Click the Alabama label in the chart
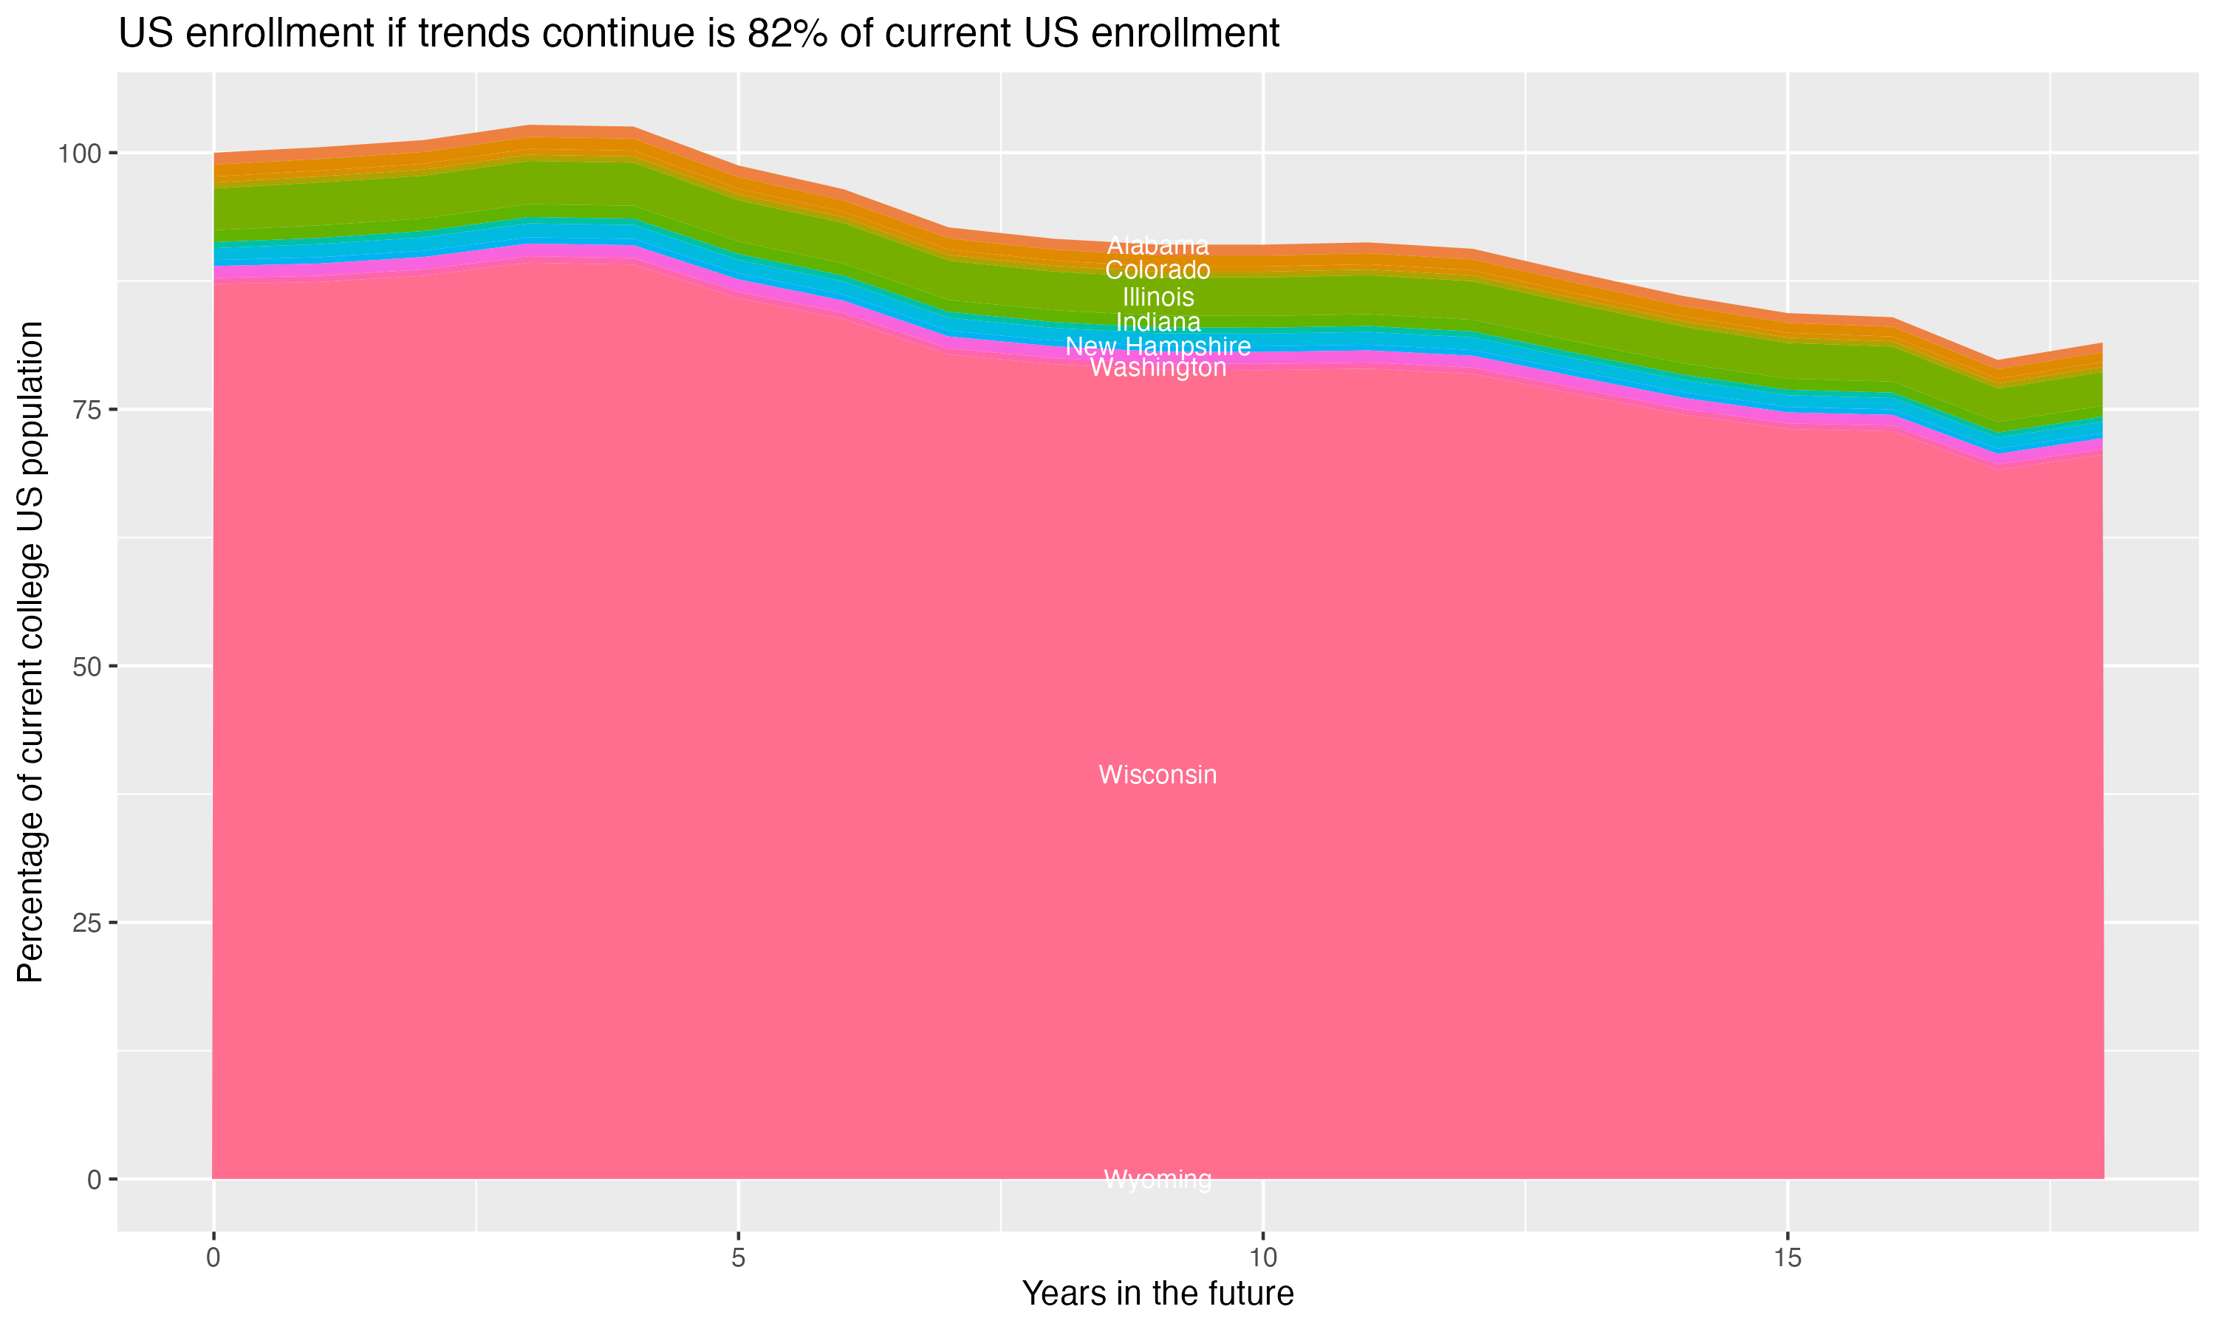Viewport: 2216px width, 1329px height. [x=1157, y=245]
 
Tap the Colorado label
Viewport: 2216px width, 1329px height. [x=1157, y=270]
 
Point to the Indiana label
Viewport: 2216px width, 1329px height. [x=1157, y=321]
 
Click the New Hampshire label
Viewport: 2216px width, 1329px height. [x=1157, y=346]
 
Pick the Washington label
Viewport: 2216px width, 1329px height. [x=1157, y=368]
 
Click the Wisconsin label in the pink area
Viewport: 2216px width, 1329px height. [x=1157, y=775]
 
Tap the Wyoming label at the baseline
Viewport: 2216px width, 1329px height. [x=1157, y=1179]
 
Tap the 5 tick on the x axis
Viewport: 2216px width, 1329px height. [x=738, y=1258]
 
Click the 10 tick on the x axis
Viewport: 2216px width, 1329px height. [x=1262, y=1258]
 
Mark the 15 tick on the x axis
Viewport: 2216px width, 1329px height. [x=1787, y=1258]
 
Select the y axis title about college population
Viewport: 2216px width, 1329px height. [x=30, y=652]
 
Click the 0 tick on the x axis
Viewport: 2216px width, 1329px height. [x=213, y=1258]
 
